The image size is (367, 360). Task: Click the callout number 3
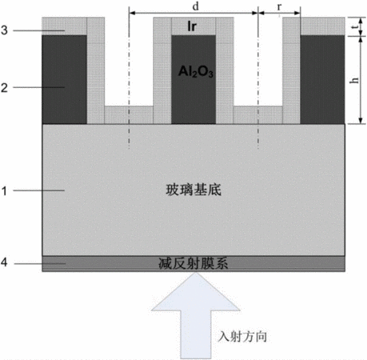tap(4, 30)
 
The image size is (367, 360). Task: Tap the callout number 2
tap(4, 88)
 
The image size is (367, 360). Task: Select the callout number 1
tap(4, 191)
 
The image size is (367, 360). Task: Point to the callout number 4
tap(4, 262)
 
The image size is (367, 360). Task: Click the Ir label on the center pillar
tap(192, 26)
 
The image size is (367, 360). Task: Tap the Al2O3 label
tap(196, 71)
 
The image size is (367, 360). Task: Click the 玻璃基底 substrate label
tap(193, 190)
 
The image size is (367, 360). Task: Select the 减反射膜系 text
tap(193, 263)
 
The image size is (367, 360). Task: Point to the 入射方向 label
tap(242, 336)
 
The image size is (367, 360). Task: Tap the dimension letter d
tap(196, 6)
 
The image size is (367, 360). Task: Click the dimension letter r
tap(279, 7)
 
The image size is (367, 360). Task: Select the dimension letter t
tap(354, 27)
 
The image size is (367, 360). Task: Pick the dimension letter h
tap(354, 80)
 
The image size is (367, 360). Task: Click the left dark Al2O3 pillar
tap(64, 79)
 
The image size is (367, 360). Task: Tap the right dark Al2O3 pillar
tap(322, 79)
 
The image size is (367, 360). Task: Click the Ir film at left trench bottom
tap(129, 115)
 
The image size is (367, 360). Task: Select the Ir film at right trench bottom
tap(258, 115)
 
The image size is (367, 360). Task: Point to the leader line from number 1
tap(39, 190)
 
